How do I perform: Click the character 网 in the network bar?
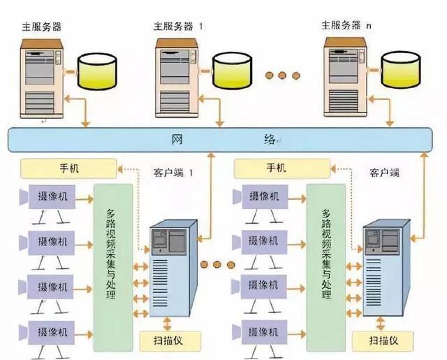click(177, 139)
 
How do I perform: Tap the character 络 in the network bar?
click(270, 139)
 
